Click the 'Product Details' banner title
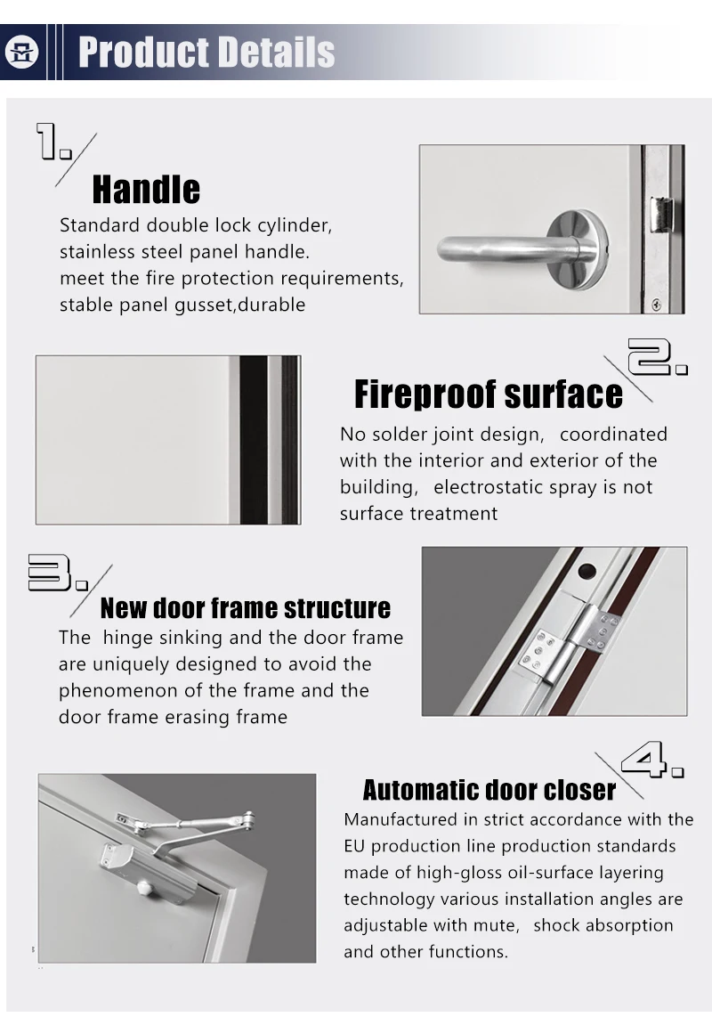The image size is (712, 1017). click(206, 53)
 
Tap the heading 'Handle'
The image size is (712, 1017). click(146, 190)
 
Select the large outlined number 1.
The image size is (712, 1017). click(53, 142)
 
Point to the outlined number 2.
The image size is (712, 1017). click(658, 357)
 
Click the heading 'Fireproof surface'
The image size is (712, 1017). click(488, 395)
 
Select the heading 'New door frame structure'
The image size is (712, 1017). click(245, 608)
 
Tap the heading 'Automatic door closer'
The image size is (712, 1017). click(489, 790)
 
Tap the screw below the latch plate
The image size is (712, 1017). click(657, 304)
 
